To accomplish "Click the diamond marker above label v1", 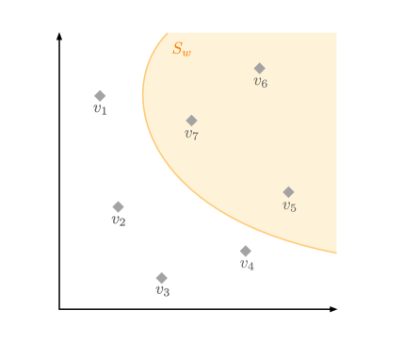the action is [100, 96].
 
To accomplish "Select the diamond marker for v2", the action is [118, 207].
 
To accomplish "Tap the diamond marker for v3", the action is [162, 278].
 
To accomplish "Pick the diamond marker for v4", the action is [245, 252].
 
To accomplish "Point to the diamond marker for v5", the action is [288, 192].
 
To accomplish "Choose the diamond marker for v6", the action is [260, 69].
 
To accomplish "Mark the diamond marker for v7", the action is [191, 121].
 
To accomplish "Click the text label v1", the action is [100, 109].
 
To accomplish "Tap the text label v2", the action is [118, 221].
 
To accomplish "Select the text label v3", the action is [162, 291].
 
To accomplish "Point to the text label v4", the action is [246, 265].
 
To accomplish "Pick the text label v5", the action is [289, 206].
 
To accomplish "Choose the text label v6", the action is [260, 83].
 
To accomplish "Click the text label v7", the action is [191, 135].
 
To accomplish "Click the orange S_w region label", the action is [181, 49].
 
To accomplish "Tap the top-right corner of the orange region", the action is [336, 33].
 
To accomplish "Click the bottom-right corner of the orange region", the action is [336, 253].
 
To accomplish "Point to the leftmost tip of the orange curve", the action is [143, 92].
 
